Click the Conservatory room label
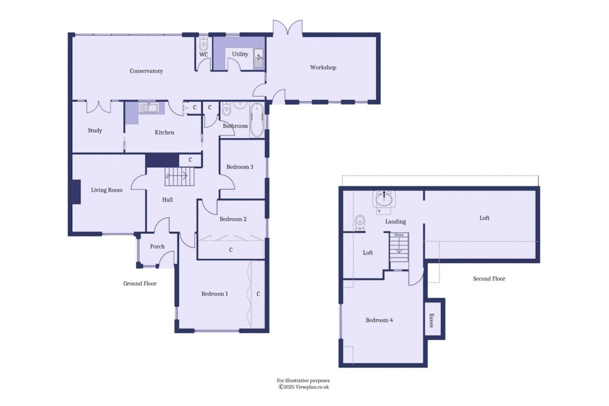pos(146,71)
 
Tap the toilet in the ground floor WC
pos(203,45)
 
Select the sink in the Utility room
pos(258,58)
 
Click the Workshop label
pos(323,68)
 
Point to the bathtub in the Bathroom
pos(257,120)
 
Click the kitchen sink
pos(149,108)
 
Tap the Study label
pos(95,130)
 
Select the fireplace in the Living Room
pos(77,192)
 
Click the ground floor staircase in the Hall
pos(180,177)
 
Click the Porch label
pos(157,247)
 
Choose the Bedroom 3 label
pos(240,167)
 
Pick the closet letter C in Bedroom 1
pos(258,294)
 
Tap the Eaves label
pos(432,320)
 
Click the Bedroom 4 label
pos(379,320)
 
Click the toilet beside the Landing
pos(360,223)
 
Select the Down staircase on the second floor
pos(399,248)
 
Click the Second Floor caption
pos(489,279)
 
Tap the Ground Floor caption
pos(140,284)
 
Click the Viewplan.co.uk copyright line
pos(304,387)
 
